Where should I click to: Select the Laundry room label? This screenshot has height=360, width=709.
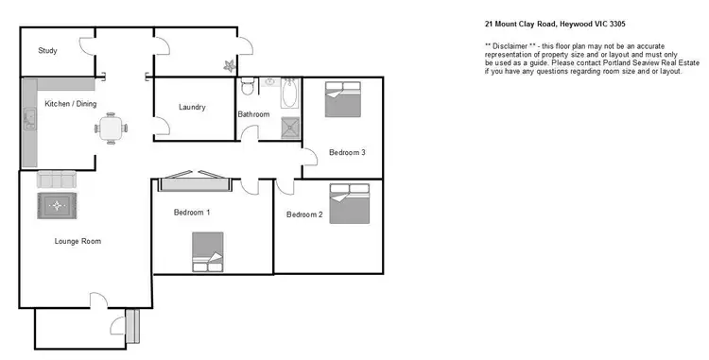point(192,107)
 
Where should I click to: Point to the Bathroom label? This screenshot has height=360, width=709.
point(253,114)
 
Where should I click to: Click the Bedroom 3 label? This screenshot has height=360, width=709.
point(347,152)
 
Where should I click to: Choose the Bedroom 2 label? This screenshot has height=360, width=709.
point(304,214)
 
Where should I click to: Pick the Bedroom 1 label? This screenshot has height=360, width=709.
point(192,213)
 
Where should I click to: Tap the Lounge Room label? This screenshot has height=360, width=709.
point(77,241)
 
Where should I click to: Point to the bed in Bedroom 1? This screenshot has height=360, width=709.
point(207,251)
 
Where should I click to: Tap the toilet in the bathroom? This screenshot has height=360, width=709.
point(248,88)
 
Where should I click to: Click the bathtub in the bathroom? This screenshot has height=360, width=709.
point(288,94)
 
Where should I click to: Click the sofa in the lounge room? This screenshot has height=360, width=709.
point(55,180)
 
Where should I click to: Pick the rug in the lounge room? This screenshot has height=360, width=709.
point(58,204)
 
